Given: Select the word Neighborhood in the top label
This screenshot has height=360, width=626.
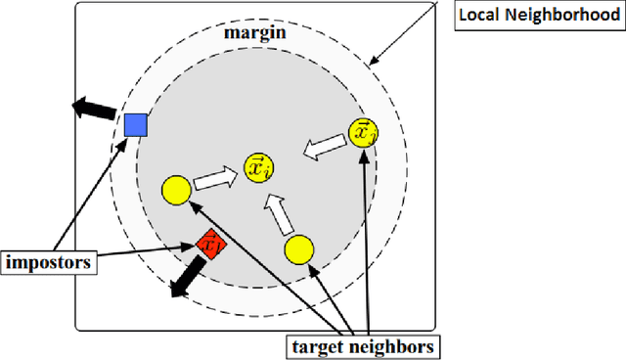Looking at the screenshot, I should pyautogui.click(x=566, y=17).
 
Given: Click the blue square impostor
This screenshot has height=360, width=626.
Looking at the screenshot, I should pyautogui.click(x=135, y=125).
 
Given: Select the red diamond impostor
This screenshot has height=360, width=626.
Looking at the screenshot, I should pyautogui.click(x=208, y=245).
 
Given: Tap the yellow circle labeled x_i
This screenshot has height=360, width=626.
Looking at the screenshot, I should pyautogui.click(x=258, y=167).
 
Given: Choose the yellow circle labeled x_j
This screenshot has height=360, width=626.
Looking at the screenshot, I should pyautogui.click(x=363, y=132).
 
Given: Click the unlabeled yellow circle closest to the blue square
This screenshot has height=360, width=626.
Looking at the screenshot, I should pyautogui.click(x=176, y=189).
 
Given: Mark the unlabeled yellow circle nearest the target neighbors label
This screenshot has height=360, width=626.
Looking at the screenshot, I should pyautogui.click(x=298, y=250).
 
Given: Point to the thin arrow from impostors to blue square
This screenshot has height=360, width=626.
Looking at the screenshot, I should pyautogui.click(x=88, y=196).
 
